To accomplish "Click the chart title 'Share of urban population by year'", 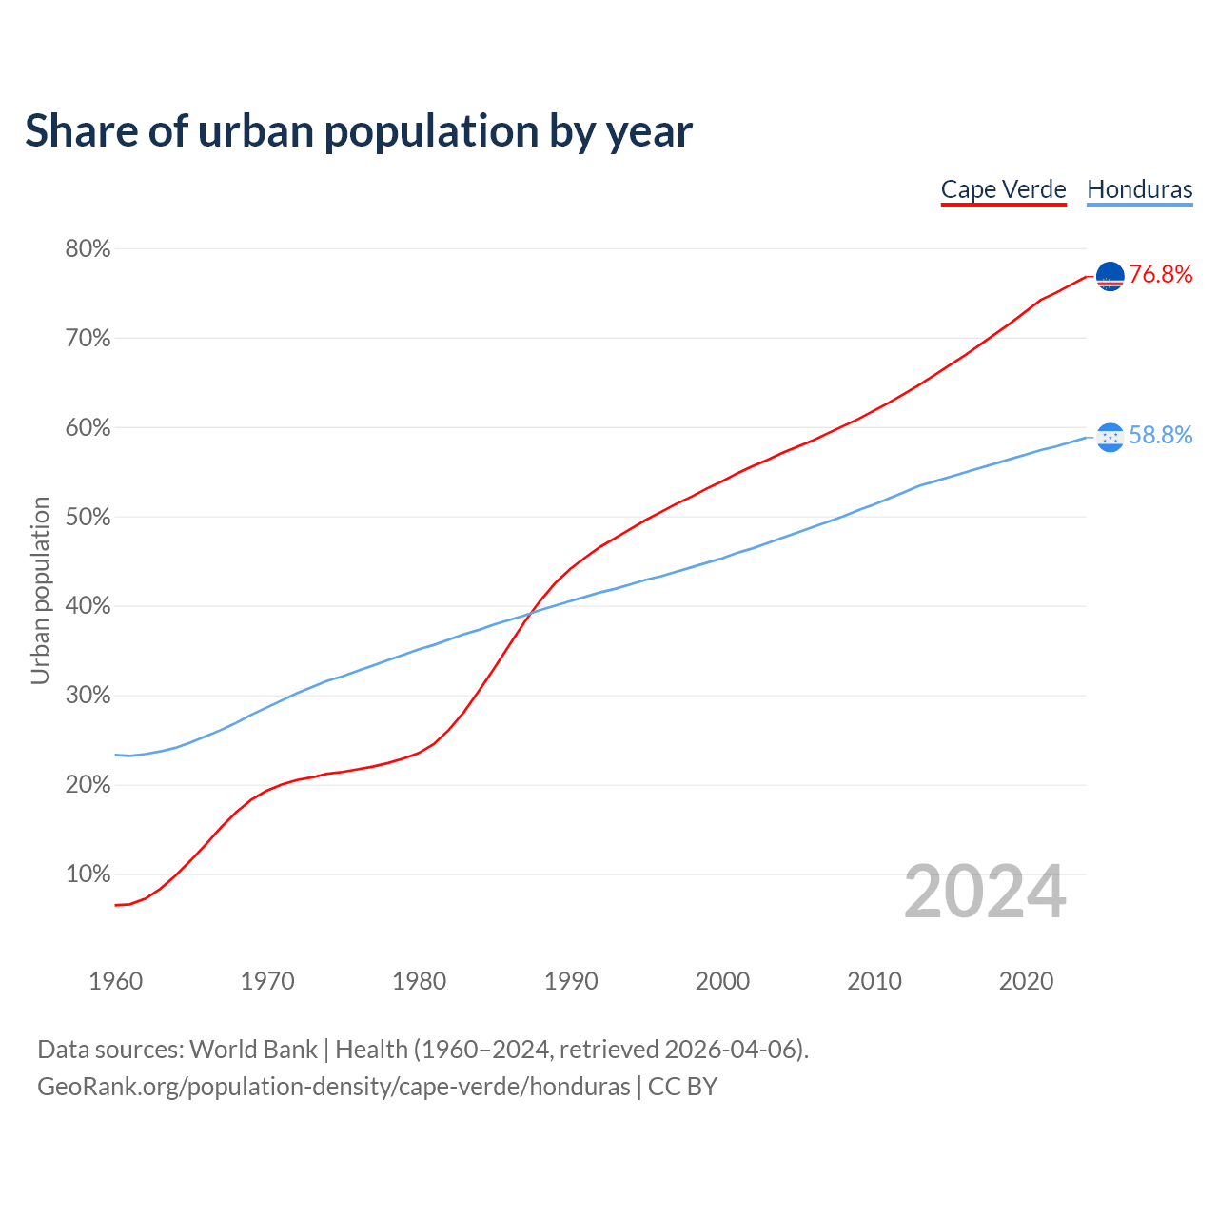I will [359, 131].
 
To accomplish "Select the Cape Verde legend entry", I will [1003, 189].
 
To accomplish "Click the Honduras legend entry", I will [1139, 189].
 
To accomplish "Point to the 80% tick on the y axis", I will [88, 249].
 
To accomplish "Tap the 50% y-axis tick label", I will [88, 518].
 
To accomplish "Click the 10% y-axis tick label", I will [88, 874].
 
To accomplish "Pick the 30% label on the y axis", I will [88, 696].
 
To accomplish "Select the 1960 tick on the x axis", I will [115, 981].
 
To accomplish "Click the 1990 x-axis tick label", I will [571, 981].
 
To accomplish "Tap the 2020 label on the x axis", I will [1026, 981].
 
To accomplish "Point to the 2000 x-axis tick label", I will [722, 981].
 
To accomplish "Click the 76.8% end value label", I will [1160, 275].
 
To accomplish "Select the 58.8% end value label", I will [1160, 436].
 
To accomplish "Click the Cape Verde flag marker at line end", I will [1110, 276].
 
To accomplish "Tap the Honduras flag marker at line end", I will [1110, 437].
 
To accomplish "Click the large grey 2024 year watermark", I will [985, 893].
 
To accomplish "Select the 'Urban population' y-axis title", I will [40, 590].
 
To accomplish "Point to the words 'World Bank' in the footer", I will [253, 1050].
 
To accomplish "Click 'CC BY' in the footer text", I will [682, 1087].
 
